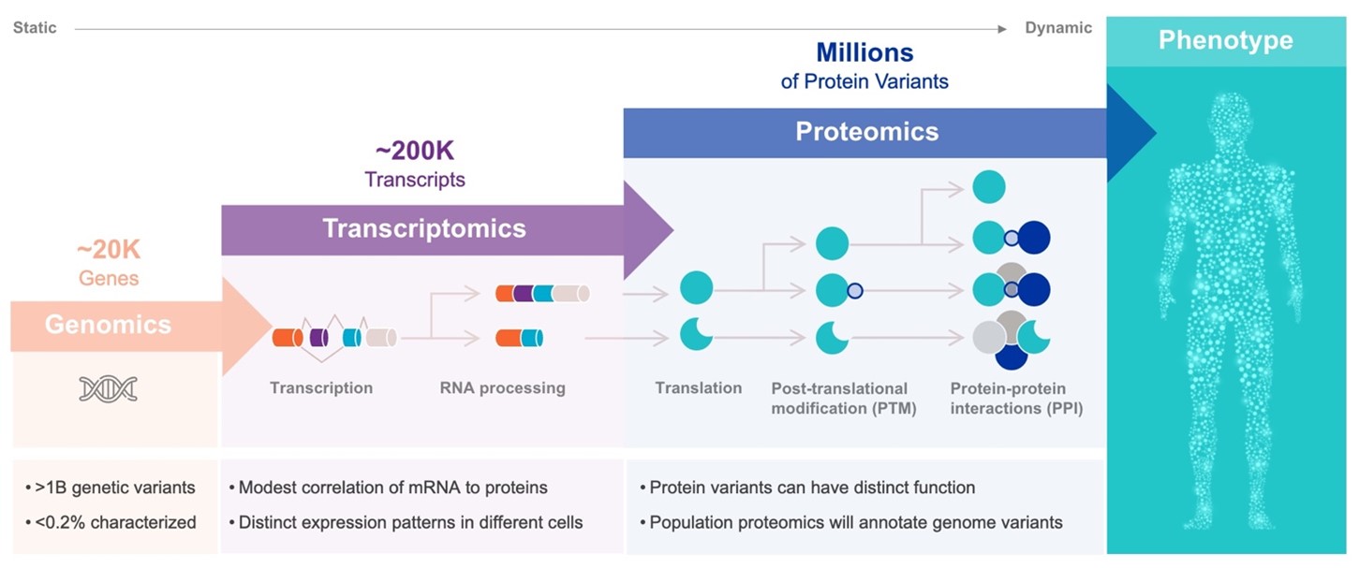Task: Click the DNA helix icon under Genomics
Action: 108,388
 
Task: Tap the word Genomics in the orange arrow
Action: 108,325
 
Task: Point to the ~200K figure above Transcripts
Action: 414,152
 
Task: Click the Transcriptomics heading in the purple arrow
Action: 424,227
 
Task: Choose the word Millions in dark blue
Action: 864,51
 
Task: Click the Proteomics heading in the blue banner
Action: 866,131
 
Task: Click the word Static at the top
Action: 35,28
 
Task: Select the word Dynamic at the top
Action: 1058,28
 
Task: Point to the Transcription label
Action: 321,387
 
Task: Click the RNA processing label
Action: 502,387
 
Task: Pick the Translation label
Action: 698,387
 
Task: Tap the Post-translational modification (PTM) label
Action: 843,398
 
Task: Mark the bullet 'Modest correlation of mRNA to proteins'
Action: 392,488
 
